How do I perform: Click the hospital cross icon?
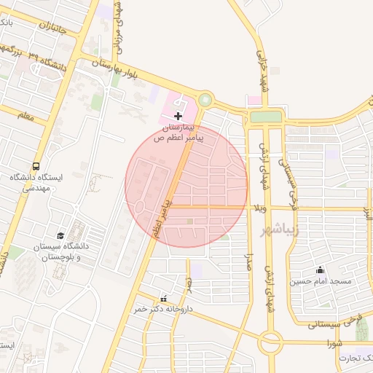coord(178,116)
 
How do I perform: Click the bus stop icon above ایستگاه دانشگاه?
coord(37,166)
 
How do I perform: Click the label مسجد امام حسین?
coord(321,281)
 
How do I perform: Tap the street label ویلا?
coord(259,209)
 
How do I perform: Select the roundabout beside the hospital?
coord(205,99)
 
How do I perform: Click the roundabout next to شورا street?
coord(270,340)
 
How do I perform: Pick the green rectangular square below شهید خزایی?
coord(265,117)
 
